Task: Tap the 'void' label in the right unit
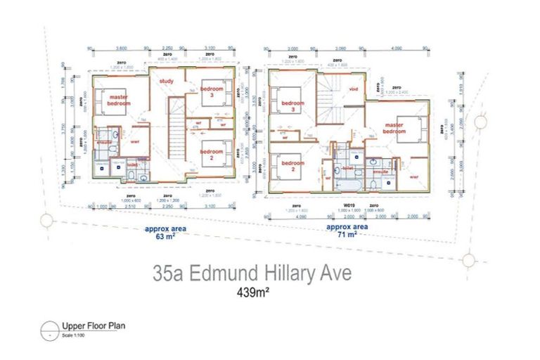pos(354,89)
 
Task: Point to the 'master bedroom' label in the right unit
pos(394,127)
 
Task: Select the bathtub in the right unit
pos(347,181)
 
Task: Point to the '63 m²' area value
pos(165,237)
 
